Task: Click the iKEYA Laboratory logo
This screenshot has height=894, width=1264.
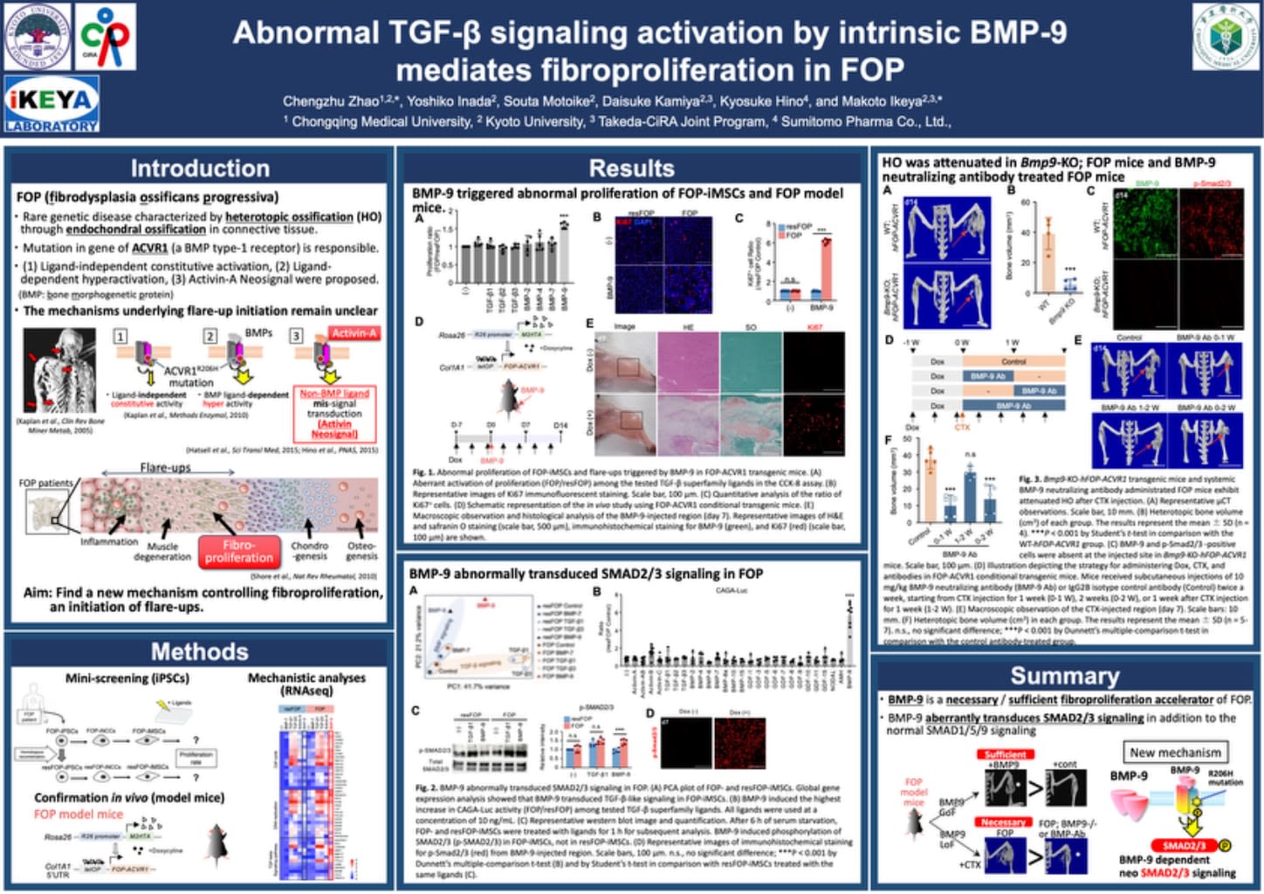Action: [x=52, y=104]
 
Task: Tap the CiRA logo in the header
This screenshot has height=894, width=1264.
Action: [x=105, y=37]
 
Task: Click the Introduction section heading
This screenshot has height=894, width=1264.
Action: [x=200, y=168]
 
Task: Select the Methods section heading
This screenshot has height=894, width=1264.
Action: [x=200, y=651]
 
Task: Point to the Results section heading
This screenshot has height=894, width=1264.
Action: [x=631, y=168]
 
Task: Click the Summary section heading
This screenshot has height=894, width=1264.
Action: [x=1064, y=676]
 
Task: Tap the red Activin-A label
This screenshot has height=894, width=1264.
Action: [x=354, y=334]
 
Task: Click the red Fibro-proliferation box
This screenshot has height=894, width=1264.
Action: [x=238, y=551]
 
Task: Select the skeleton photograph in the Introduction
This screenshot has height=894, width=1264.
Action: [x=59, y=370]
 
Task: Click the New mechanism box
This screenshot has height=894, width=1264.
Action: [x=1175, y=752]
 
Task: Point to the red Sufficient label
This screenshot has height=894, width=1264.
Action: [x=1006, y=754]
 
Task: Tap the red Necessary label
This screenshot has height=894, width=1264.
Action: [x=1003, y=822]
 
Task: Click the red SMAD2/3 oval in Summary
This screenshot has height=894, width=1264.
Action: [x=1184, y=845]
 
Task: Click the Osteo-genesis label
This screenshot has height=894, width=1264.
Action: [x=361, y=550]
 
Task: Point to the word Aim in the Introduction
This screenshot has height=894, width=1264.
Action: [x=38, y=592]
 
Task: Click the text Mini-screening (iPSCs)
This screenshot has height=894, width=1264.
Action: [x=127, y=677]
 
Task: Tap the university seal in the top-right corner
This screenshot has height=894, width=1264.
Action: [x=1226, y=37]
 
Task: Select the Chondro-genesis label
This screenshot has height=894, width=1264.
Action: [x=309, y=550]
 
